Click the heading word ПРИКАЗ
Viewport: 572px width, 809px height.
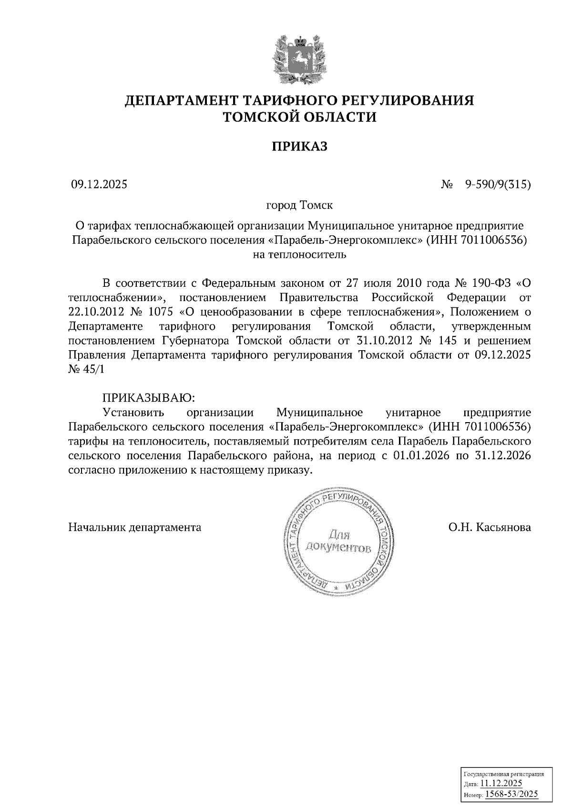[300, 147]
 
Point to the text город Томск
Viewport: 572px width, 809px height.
[299, 206]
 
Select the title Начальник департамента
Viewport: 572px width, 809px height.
[135, 527]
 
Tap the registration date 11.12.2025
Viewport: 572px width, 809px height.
[501, 784]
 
